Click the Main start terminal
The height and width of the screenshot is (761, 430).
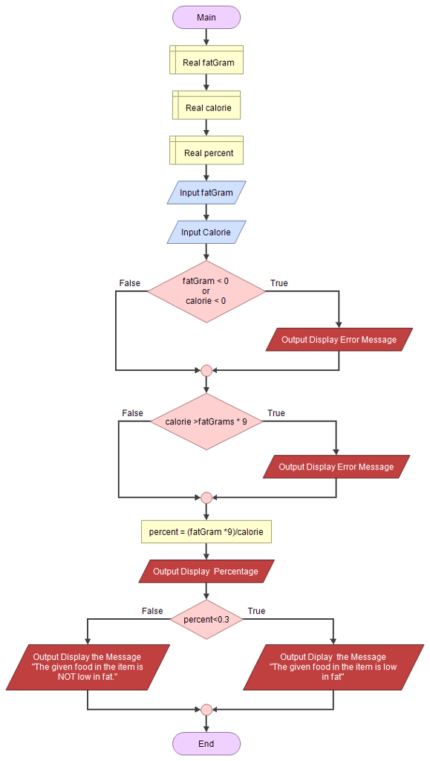click(x=206, y=17)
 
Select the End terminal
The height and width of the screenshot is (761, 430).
click(x=206, y=743)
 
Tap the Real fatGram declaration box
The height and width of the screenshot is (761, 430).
click(x=206, y=62)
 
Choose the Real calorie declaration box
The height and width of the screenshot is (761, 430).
click(x=206, y=108)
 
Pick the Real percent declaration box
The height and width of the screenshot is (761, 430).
click(x=206, y=153)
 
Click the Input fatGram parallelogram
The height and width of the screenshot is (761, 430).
click(x=206, y=192)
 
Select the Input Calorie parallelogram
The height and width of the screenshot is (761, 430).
click(x=206, y=233)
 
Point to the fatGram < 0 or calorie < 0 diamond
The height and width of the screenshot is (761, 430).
click(x=206, y=291)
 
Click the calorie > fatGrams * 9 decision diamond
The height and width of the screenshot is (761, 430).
click(x=206, y=421)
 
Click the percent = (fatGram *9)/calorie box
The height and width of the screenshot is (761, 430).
click(x=206, y=532)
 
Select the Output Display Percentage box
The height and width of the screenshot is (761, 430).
click(x=206, y=571)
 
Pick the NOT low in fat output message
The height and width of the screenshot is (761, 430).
click(x=88, y=667)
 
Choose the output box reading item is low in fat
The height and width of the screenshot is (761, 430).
click(x=333, y=667)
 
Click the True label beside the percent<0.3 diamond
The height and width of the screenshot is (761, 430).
click(x=256, y=611)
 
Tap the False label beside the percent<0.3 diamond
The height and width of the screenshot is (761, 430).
click(x=152, y=611)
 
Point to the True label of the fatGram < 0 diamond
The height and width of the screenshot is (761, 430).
click(x=279, y=283)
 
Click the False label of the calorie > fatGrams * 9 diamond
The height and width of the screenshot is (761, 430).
click(x=132, y=413)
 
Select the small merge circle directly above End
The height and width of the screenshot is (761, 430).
click(x=206, y=709)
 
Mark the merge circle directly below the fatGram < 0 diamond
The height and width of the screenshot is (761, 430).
click(x=206, y=370)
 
